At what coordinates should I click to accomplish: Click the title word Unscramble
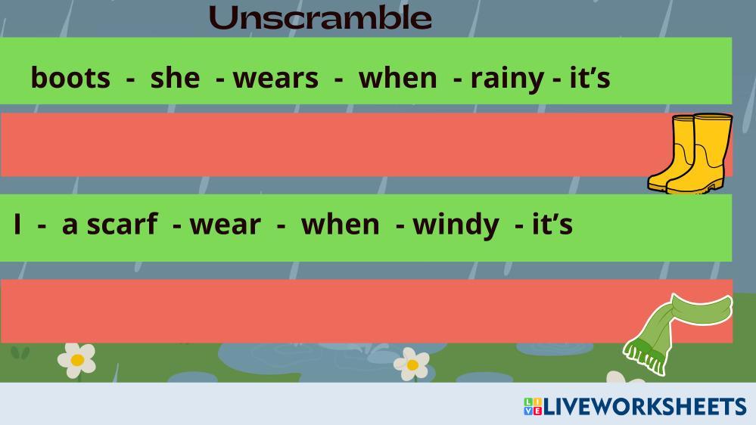click(x=320, y=17)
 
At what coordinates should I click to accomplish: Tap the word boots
click(x=70, y=78)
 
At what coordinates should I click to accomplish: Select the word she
click(x=175, y=78)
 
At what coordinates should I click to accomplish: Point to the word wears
click(x=275, y=78)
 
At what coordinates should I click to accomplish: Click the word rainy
click(x=507, y=79)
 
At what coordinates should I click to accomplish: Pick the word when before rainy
click(x=398, y=78)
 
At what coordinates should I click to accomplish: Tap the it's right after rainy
click(x=590, y=78)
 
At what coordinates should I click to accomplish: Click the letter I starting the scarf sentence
click(x=18, y=224)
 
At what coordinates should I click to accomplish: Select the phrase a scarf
click(x=110, y=224)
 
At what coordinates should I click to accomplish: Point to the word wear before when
click(x=226, y=225)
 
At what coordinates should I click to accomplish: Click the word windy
click(x=456, y=225)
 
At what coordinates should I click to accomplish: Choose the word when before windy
click(x=341, y=224)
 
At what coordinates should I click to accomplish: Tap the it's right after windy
click(x=552, y=224)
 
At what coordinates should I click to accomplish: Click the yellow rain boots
click(x=690, y=154)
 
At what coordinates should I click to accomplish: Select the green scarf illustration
click(x=677, y=333)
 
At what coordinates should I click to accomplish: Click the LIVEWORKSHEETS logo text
click(x=645, y=407)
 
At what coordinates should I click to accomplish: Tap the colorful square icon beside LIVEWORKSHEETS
click(x=533, y=406)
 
